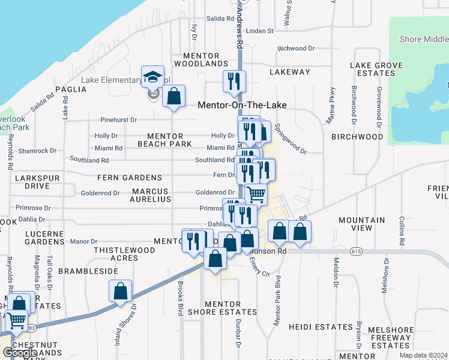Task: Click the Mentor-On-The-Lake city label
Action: [x=242, y=105]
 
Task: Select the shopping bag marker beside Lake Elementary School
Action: [x=173, y=96]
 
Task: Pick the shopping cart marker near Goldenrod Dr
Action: [x=256, y=194]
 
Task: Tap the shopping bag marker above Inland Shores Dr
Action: [x=121, y=291]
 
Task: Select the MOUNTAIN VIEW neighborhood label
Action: [x=361, y=224]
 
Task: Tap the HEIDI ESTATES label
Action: [x=321, y=327]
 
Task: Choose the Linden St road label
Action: [x=259, y=31]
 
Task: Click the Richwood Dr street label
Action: [x=296, y=49]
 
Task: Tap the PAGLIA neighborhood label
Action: [x=71, y=89]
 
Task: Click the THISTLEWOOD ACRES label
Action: [x=116, y=254]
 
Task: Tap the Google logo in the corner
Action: [x=20, y=353]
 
